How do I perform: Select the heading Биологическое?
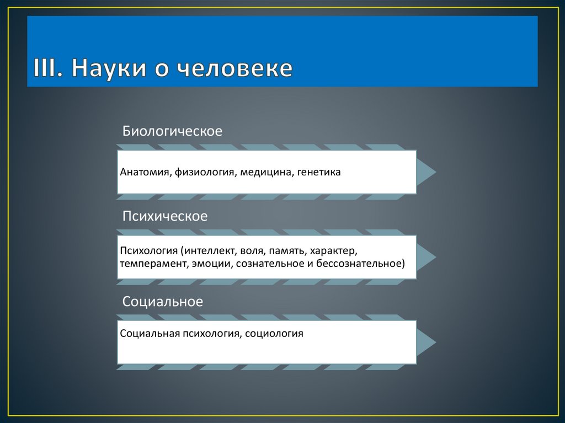click(x=172, y=131)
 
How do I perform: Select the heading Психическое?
click(x=165, y=216)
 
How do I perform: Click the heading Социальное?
click(x=163, y=302)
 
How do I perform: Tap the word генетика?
click(x=319, y=172)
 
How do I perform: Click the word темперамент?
click(x=153, y=264)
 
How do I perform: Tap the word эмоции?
click(x=212, y=264)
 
